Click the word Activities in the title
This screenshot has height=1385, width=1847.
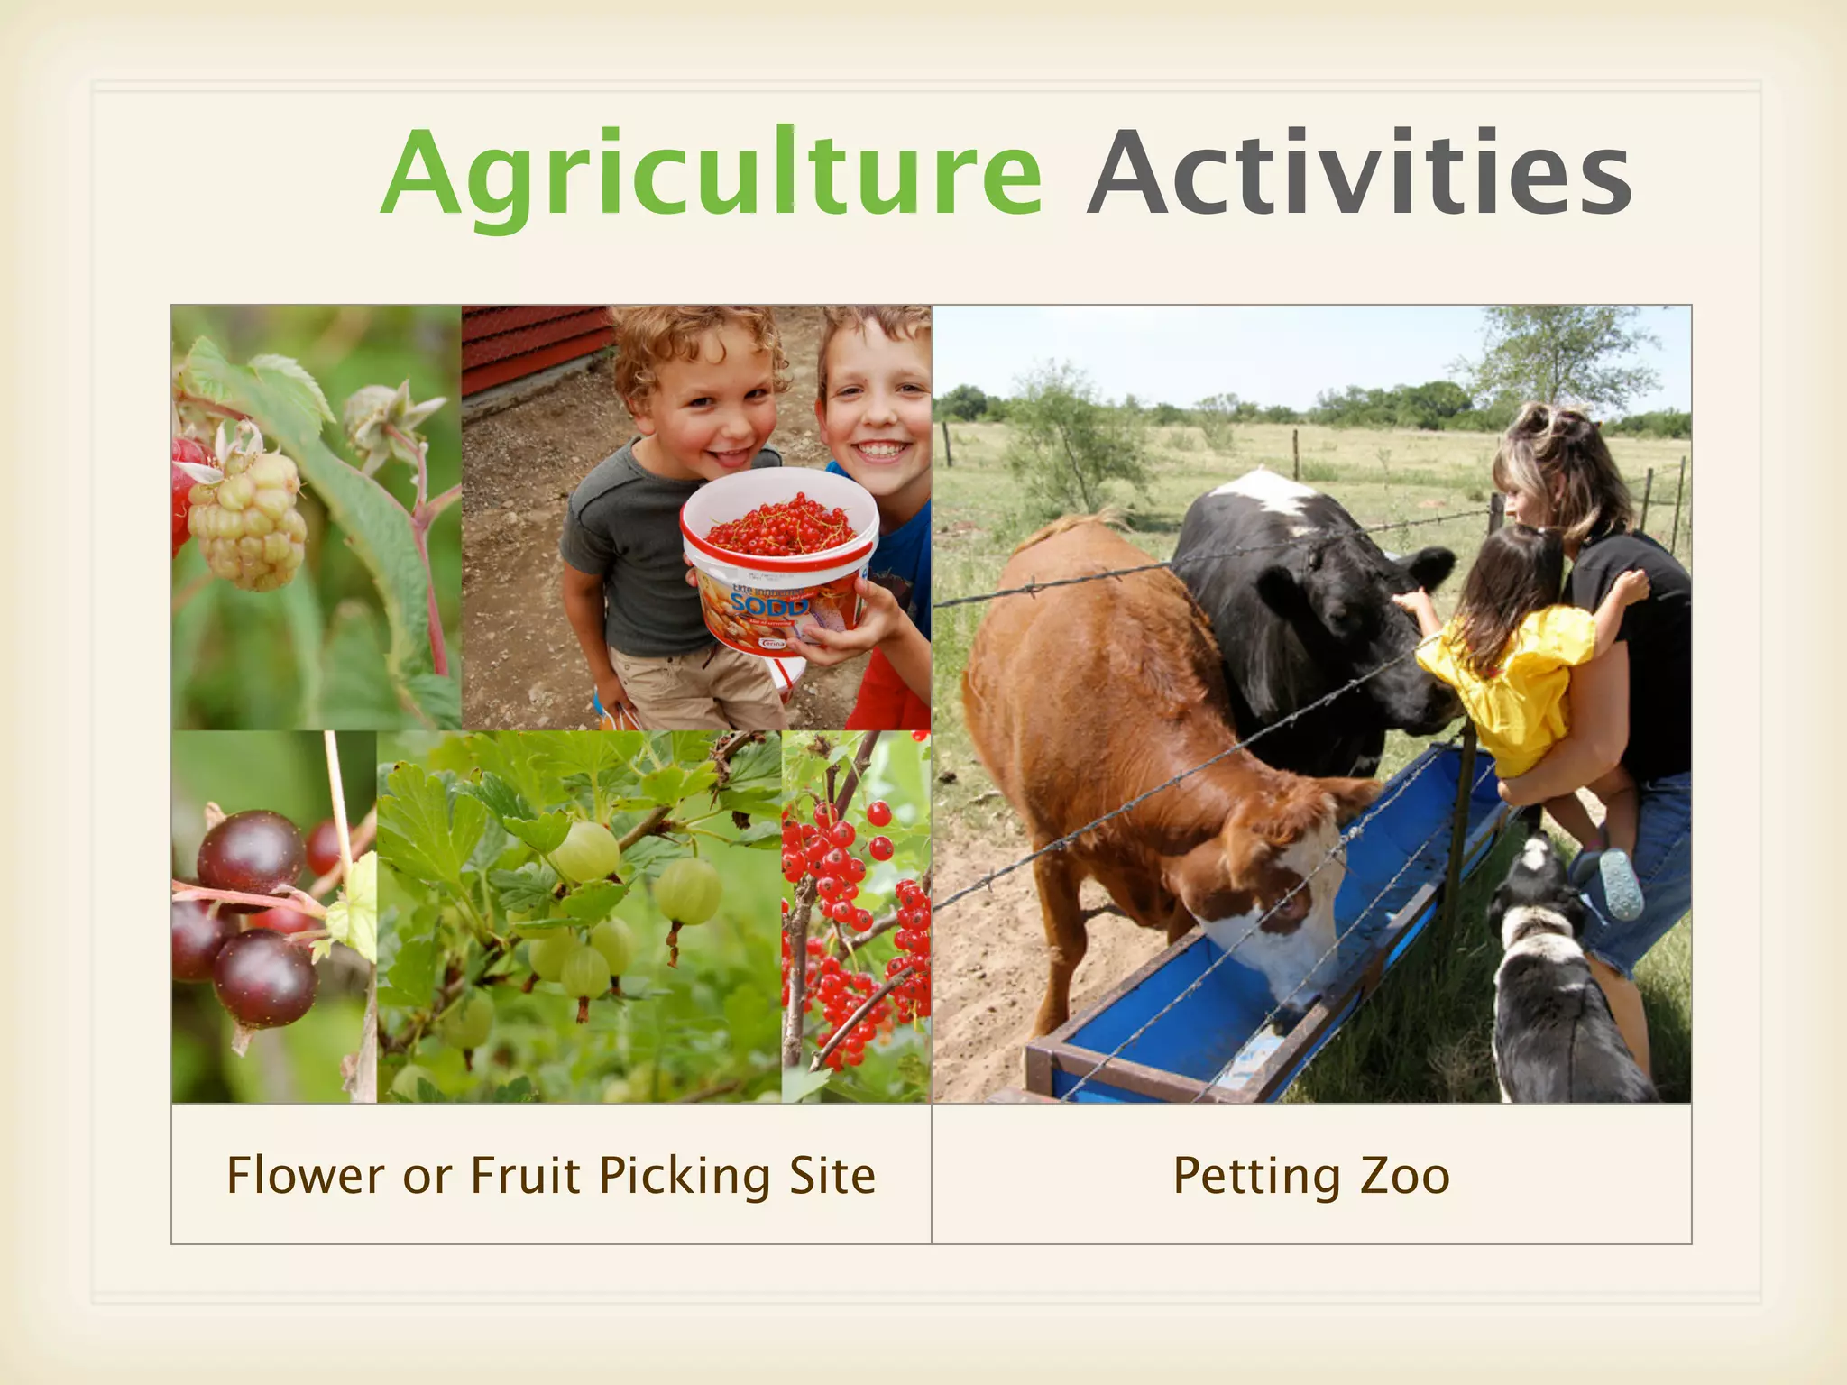pos(1360,173)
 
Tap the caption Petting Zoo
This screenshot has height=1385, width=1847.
pos(1311,1176)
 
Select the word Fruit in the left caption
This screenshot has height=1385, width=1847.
pos(525,1176)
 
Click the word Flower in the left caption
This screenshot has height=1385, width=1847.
pos(305,1176)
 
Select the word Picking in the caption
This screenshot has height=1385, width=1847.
pos(685,1176)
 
